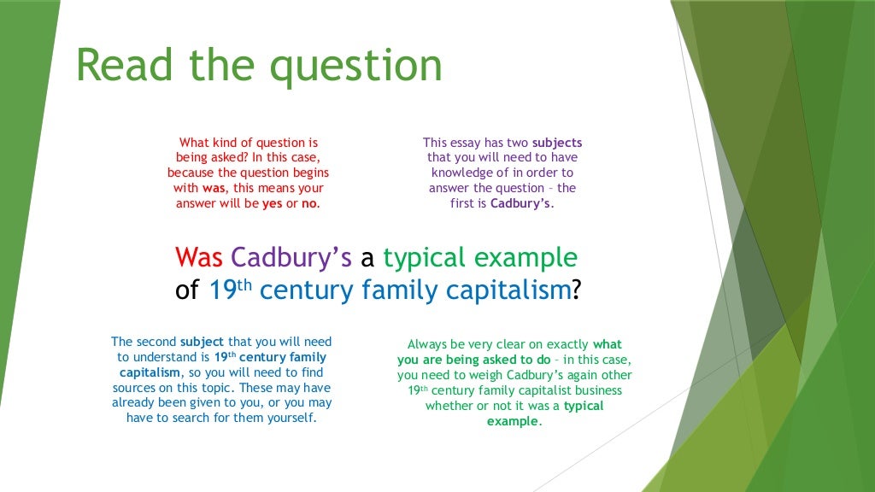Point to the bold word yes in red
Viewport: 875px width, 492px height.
272,203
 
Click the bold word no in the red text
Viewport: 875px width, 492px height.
309,203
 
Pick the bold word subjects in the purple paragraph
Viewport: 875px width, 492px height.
556,143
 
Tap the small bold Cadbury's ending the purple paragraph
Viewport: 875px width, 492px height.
521,203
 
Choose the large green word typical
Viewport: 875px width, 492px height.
422,256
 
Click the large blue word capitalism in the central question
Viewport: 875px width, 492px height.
510,290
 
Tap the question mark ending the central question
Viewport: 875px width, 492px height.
576,290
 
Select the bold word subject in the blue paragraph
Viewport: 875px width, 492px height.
177,342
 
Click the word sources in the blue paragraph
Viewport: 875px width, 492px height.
144,388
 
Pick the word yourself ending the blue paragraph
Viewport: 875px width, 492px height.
290,418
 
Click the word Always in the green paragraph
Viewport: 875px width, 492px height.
426,345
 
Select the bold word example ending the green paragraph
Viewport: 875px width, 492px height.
513,422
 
